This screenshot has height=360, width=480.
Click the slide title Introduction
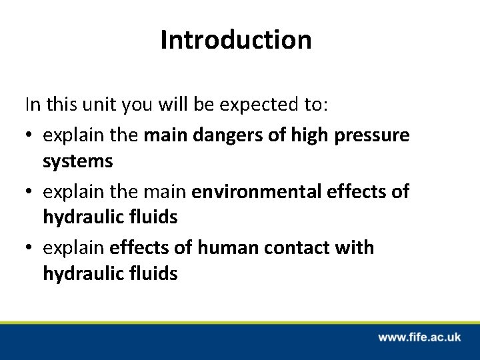click(x=235, y=40)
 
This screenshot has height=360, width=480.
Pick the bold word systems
click(x=78, y=162)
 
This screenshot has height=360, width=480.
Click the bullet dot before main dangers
click(x=30, y=135)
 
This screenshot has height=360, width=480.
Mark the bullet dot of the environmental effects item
click(x=30, y=192)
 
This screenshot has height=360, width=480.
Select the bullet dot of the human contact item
click(x=30, y=249)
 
